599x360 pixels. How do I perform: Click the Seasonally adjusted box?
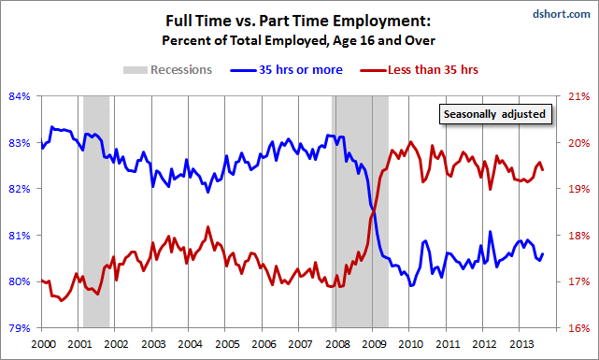494,115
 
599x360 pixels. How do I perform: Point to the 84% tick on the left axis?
21,96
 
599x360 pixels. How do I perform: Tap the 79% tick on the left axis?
21,328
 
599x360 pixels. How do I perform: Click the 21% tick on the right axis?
578,96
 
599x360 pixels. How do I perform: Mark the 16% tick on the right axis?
578,328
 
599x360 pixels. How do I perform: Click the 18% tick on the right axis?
578,236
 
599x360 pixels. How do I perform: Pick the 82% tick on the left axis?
21,189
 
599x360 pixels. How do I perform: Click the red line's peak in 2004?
207,227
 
